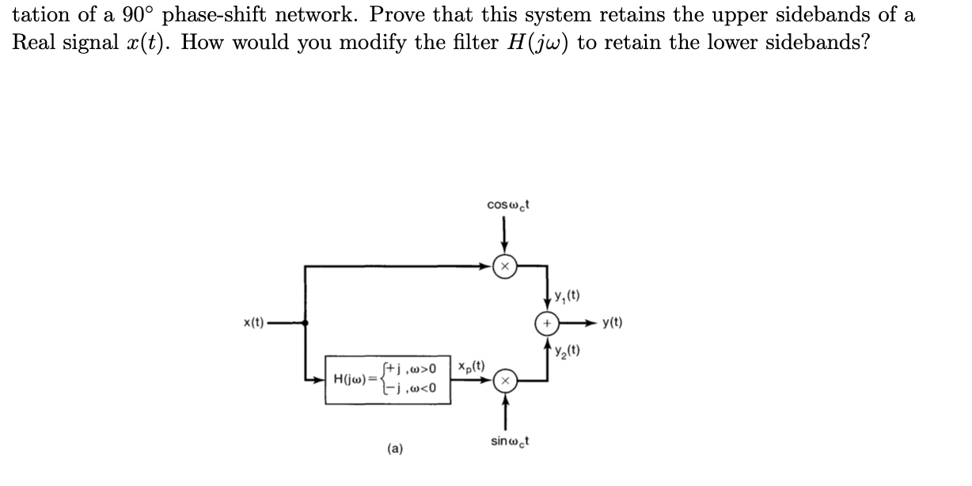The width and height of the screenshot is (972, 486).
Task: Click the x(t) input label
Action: tap(253, 323)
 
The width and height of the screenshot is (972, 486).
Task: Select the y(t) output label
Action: tap(612, 323)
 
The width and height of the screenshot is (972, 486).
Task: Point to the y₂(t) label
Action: tap(569, 350)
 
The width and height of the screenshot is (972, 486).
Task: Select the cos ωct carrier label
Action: tap(509, 204)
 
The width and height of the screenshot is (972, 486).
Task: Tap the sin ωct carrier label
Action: tap(509, 440)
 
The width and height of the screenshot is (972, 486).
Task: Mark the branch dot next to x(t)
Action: tap(306, 323)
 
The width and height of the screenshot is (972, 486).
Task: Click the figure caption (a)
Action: tap(394, 449)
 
